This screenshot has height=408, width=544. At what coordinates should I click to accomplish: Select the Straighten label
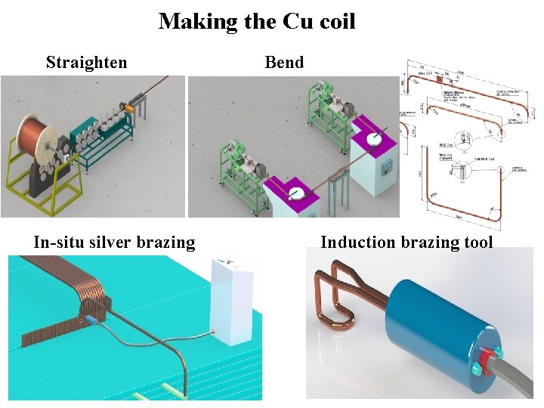pyautogui.click(x=86, y=62)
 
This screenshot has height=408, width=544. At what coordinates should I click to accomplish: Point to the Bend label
pyautogui.click(x=284, y=62)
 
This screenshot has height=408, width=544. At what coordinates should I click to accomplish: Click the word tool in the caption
pyautogui.click(x=478, y=243)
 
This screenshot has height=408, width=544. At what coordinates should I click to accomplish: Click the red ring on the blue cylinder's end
pyautogui.click(x=484, y=358)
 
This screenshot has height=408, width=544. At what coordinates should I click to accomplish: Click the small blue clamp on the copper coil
pyautogui.click(x=91, y=320)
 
